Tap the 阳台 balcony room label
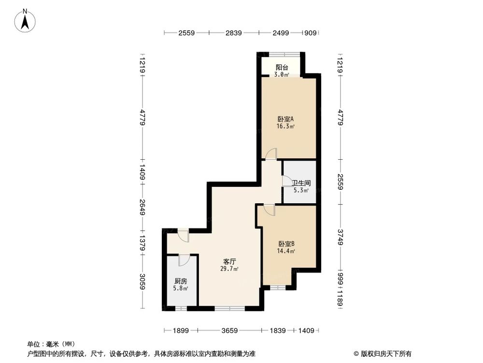[282, 68]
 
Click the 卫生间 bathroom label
[301, 183]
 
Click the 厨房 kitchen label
[181, 281]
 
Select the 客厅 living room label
[229, 261]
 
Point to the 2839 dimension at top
[234, 33]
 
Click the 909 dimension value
[311, 33]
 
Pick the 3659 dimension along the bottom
[230, 331]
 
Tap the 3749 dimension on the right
[341, 237]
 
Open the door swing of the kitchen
[184, 260]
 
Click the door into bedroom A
[270, 154]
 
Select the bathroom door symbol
[288, 182]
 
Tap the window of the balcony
[284, 53]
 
